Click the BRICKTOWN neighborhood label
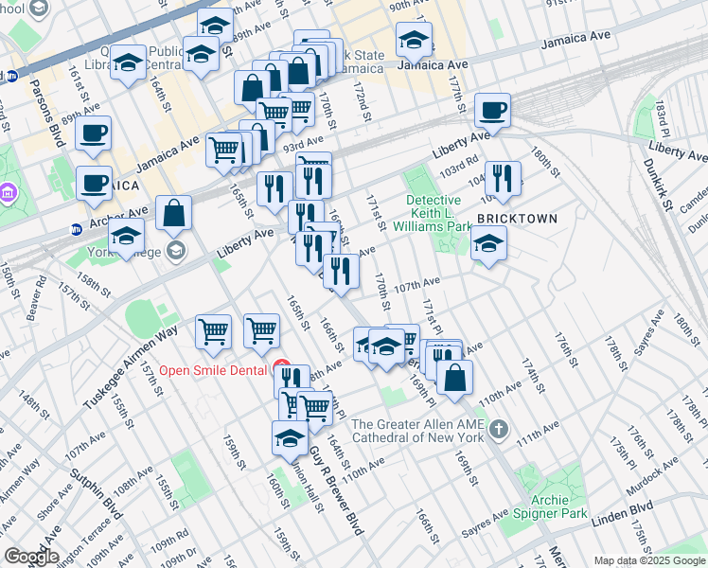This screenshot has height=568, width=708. [516, 218]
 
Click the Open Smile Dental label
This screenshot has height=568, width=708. [213, 369]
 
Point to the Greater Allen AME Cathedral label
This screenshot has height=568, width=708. [416, 431]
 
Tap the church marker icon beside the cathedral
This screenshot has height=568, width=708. [499, 431]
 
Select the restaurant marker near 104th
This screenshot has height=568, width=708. [503, 178]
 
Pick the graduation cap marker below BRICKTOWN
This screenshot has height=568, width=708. [488, 244]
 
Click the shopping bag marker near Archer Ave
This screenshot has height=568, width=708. [175, 214]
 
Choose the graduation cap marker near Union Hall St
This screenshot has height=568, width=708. [290, 437]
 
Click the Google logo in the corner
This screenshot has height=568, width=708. [30, 557]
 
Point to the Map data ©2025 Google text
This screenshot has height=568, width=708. [649, 561]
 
